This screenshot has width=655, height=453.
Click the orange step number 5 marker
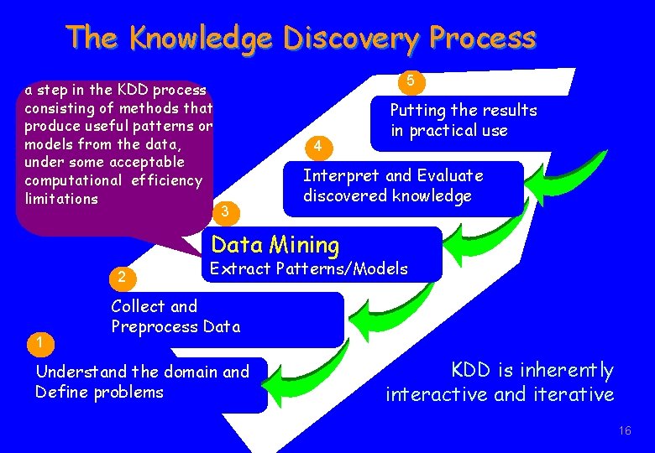click(x=411, y=82)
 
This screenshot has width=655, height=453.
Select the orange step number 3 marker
click(x=224, y=211)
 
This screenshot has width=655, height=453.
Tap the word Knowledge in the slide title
click(x=202, y=38)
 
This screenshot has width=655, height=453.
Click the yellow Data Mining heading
click(x=275, y=245)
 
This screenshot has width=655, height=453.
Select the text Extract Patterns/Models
click(x=308, y=269)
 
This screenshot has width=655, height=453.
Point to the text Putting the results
click(x=464, y=111)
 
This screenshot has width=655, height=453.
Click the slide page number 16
click(x=624, y=430)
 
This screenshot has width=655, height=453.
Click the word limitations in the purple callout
click(x=61, y=199)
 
